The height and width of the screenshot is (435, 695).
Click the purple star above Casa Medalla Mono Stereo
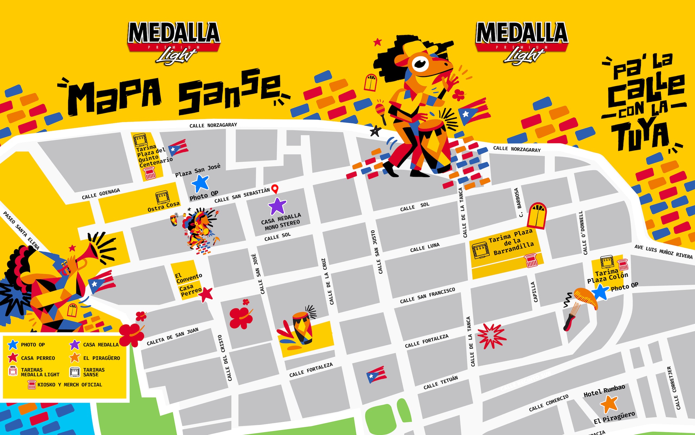[x=277, y=206]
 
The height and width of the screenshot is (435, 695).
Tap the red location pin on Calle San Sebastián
[x=275, y=189]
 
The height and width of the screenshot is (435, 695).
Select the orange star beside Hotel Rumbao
[x=609, y=404]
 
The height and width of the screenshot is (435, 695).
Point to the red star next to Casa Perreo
[x=206, y=294]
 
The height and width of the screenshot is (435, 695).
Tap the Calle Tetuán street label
[x=440, y=382]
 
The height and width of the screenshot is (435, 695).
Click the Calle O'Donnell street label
[x=583, y=233]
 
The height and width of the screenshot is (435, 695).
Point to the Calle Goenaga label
[x=101, y=194]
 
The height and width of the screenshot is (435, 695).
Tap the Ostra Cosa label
[x=163, y=207]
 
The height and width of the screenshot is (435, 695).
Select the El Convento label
[x=188, y=278]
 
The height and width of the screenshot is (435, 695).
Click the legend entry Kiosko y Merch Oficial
[x=69, y=385]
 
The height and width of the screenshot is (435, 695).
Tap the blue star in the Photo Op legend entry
[x=13, y=344]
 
